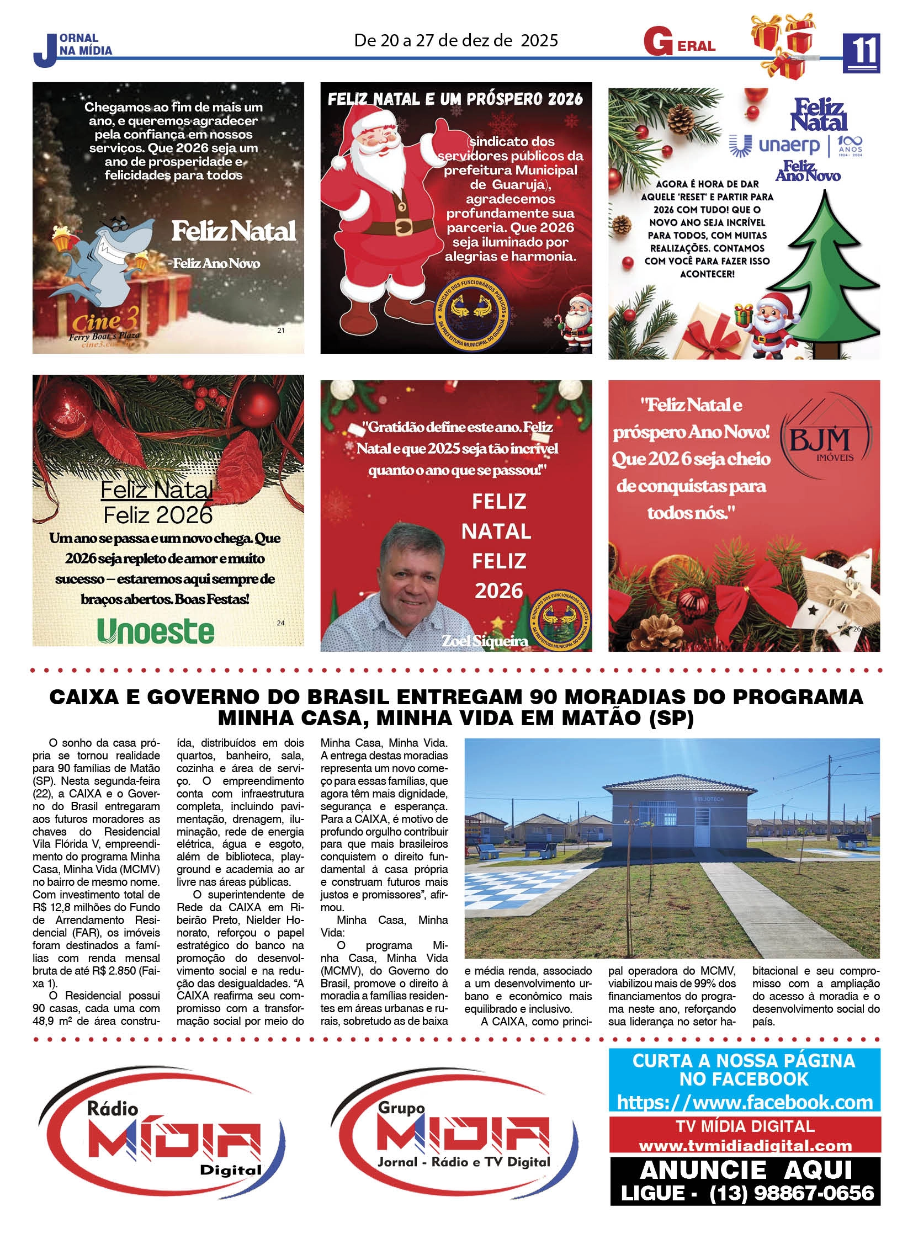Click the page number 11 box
[861, 52]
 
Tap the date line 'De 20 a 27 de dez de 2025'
[456, 40]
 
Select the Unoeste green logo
[155, 631]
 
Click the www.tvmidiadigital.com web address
[745, 1146]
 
